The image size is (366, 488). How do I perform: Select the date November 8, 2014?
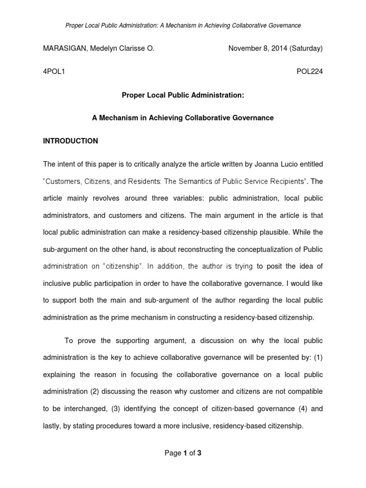(x=255, y=48)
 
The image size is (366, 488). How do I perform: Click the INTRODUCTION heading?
(x=71, y=141)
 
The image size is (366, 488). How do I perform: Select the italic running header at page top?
(x=183, y=25)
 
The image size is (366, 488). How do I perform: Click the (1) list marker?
(x=316, y=357)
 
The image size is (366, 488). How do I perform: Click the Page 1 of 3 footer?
(x=183, y=453)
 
